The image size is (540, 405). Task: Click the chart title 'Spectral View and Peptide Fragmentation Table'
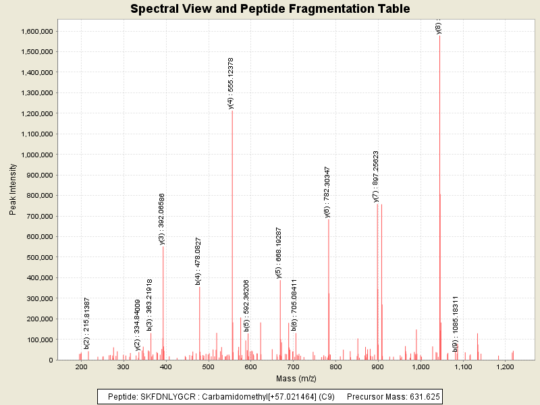[270, 9]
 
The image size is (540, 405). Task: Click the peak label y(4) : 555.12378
[231, 83]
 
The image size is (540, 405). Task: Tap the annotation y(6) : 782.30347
[327, 192]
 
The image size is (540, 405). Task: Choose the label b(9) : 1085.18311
[456, 323]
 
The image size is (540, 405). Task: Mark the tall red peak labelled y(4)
[232, 236]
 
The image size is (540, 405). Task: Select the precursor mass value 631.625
[425, 397]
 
